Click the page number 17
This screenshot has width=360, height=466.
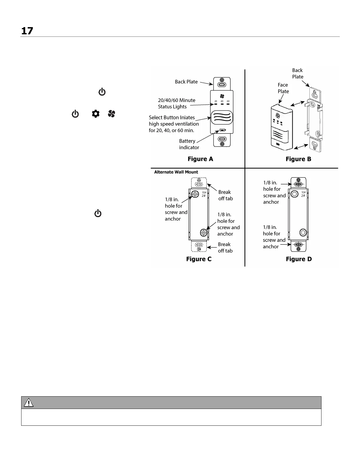point(27,31)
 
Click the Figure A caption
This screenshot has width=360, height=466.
point(200,159)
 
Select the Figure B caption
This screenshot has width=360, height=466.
point(298,159)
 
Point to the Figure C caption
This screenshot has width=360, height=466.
point(199,259)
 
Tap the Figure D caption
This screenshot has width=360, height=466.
point(299,259)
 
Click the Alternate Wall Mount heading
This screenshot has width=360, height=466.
point(176,172)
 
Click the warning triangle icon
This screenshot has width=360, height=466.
point(29,402)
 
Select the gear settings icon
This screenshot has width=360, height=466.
point(96,114)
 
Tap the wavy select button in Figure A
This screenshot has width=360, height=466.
point(222,118)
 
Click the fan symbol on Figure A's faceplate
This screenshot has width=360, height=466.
point(222,96)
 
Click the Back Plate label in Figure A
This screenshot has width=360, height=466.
point(186,82)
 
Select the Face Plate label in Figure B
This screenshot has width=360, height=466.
point(283,88)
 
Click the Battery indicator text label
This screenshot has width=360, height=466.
point(189,144)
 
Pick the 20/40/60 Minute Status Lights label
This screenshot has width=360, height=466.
point(176,104)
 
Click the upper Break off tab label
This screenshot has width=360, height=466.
point(225,195)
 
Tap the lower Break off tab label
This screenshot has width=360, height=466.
point(225,247)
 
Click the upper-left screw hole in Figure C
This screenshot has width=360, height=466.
point(194,194)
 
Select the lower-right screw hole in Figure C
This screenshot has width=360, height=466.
point(203,233)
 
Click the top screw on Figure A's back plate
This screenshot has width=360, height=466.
point(222,80)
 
